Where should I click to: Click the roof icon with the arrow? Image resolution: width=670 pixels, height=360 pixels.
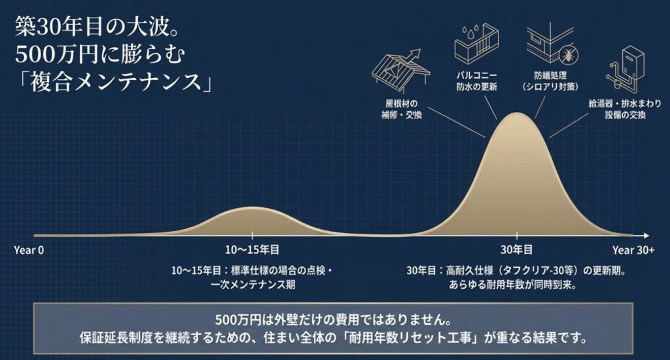tap(400, 67)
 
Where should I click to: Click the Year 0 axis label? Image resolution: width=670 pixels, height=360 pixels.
tap(28, 249)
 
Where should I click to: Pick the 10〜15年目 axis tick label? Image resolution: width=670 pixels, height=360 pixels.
tap(252, 249)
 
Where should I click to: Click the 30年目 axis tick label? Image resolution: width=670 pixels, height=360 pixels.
tap(517, 249)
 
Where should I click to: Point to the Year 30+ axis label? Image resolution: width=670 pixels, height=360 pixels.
tap(633, 249)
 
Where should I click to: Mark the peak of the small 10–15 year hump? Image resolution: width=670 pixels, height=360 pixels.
tap(252, 208)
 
